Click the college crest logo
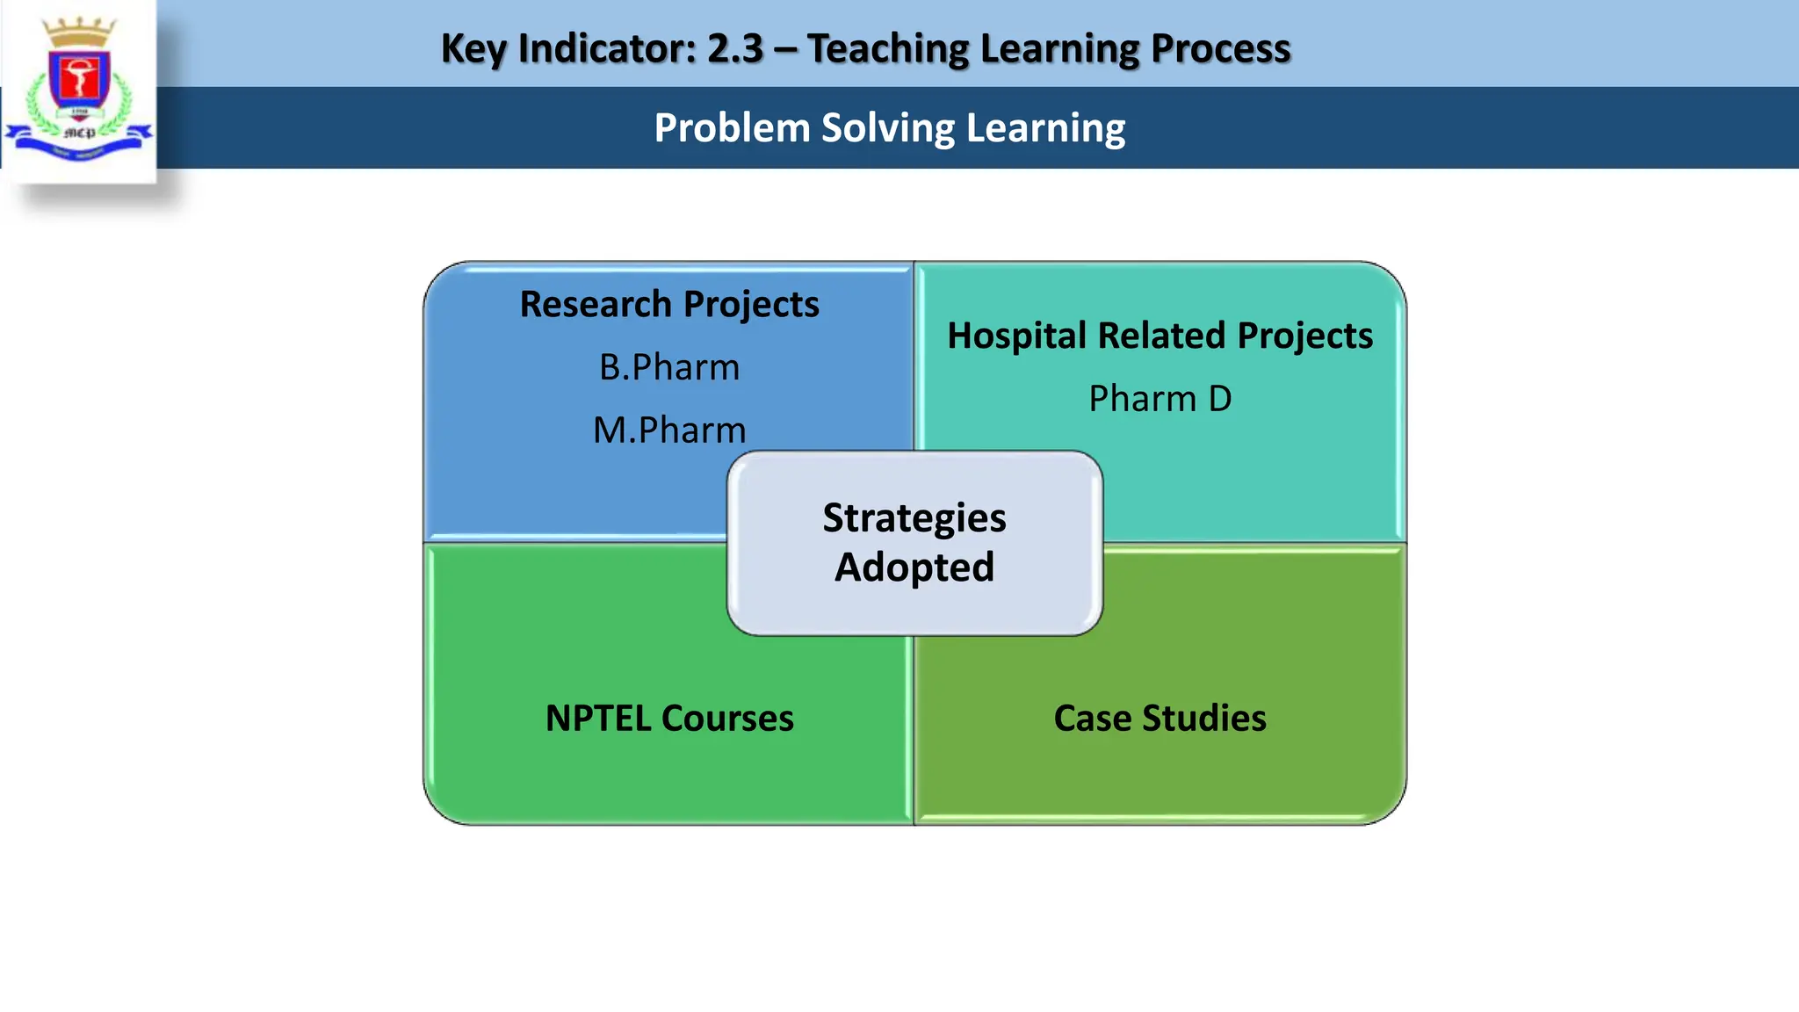(x=79, y=88)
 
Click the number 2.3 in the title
(x=735, y=48)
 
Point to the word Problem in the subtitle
(x=732, y=128)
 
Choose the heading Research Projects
(x=669, y=304)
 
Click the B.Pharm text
(x=669, y=367)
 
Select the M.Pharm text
(x=669, y=430)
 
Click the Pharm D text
(x=1160, y=399)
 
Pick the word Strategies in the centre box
(x=914, y=517)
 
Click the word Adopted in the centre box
(x=914, y=567)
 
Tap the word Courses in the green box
(x=727, y=719)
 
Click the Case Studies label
(x=1160, y=719)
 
